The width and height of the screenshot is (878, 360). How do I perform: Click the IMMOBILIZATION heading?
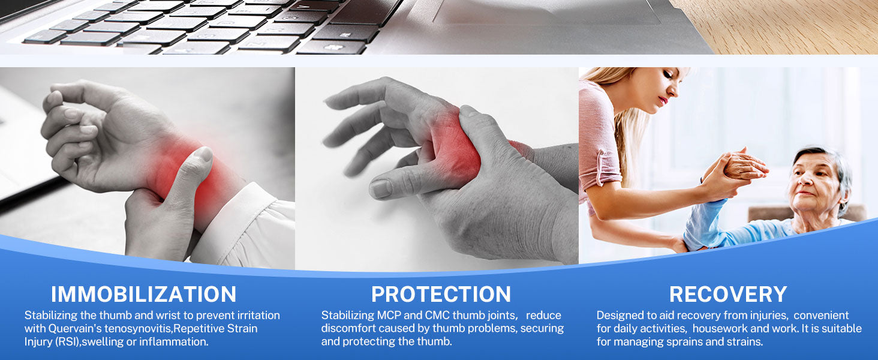tap(143, 294)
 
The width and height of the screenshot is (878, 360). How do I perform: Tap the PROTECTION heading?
tap(441, 294)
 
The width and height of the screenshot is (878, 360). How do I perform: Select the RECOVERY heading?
tap(728, 294)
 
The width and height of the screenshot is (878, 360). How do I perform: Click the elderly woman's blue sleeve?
tap(705, 227)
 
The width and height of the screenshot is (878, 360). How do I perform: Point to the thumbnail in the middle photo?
tap(381, 188)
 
